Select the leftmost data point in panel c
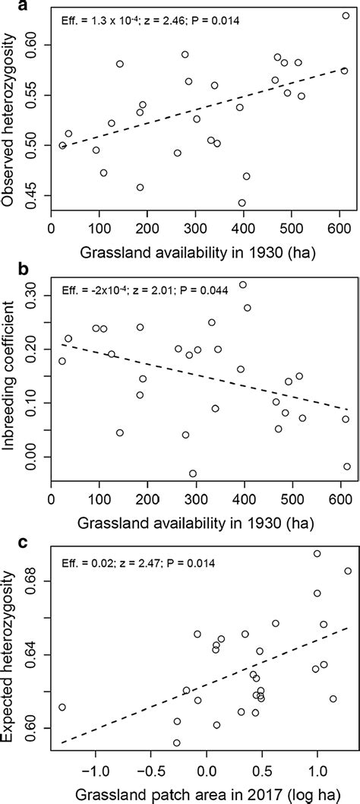point(62,707)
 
